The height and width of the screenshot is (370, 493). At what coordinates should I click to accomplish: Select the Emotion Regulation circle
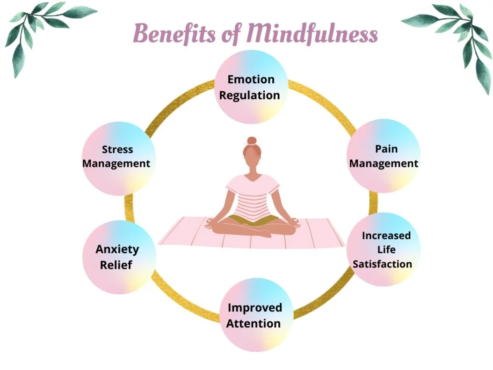[x=250, y=87]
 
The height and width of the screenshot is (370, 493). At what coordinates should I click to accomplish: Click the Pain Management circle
[x=384, y=156]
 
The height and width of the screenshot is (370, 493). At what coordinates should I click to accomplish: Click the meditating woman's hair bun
[x=252, y=140]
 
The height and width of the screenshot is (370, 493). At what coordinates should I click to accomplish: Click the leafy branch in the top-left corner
[x=42, y=28]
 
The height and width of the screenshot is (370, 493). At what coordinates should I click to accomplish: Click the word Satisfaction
[x=383, y=264]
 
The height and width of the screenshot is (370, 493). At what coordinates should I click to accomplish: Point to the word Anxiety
[x=117, y=249]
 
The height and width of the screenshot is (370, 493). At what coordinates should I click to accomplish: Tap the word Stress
[x=117, y=150]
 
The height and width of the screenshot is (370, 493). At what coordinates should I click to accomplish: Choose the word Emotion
[x=251, y=79]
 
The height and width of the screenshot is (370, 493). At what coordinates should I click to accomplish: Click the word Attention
[x=254, y=323]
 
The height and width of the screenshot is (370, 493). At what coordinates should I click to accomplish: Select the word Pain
[x=386, y=149]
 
